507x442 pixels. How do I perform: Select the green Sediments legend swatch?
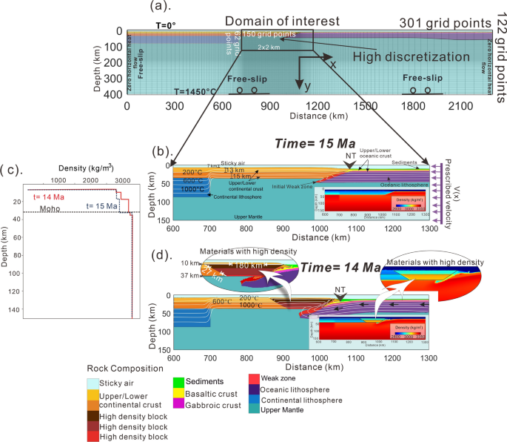coord(178,381)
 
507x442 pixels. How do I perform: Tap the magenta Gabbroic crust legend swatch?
coord(178,405)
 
